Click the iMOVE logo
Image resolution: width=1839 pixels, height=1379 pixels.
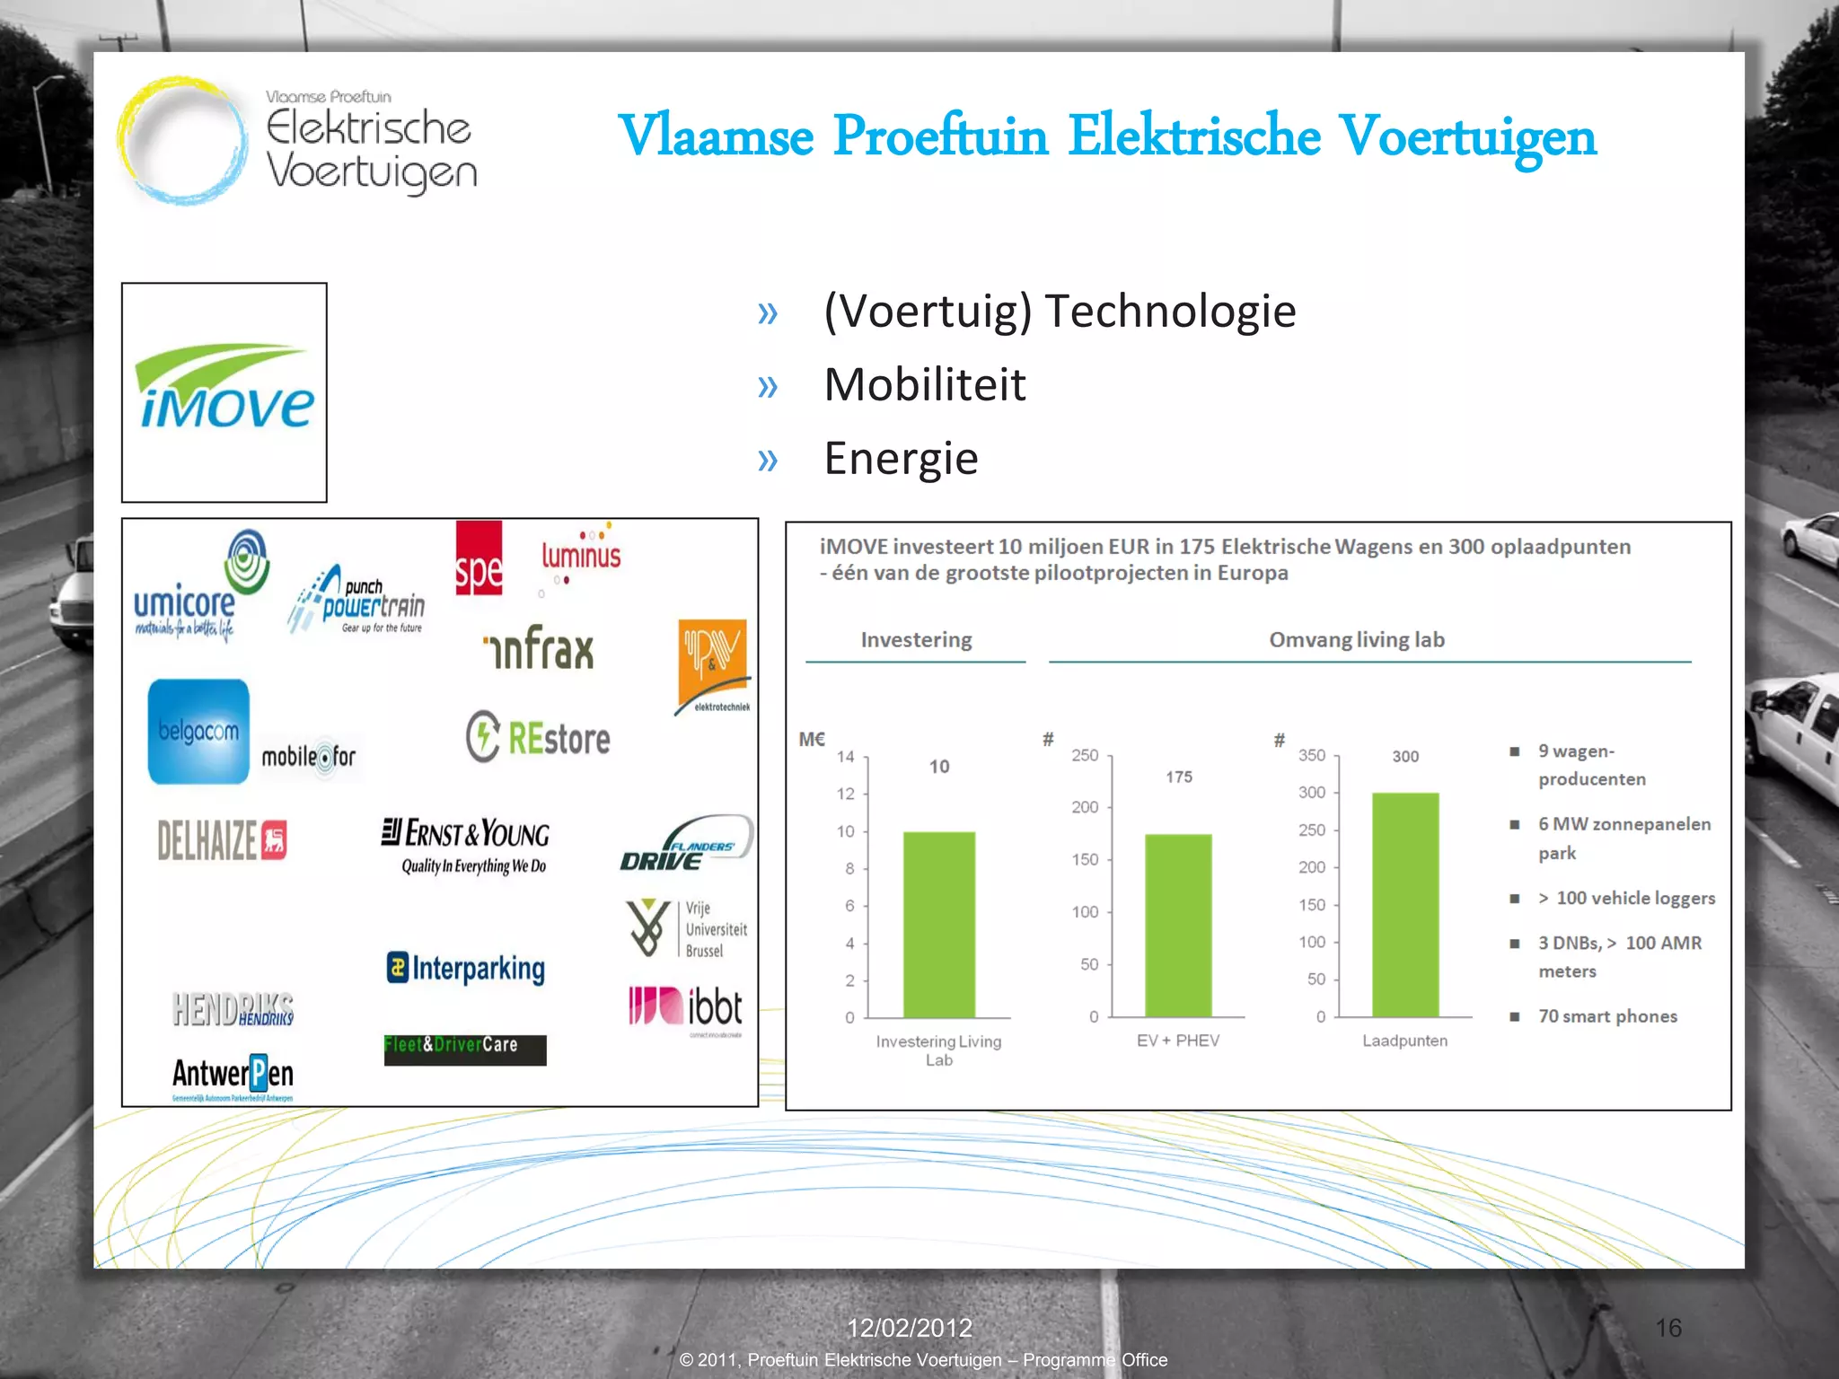[224, 388]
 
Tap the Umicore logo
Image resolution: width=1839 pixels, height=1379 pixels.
[199, 588]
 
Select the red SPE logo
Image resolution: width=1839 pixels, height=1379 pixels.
[479, 558]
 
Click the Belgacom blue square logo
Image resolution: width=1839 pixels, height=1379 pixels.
[198, 731]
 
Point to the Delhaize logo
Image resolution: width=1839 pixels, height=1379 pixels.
[222, 840]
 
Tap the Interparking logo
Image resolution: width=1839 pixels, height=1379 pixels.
[466, 968]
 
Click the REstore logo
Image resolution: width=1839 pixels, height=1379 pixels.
[538, 737]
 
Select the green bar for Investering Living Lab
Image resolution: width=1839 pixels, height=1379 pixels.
[938, 925]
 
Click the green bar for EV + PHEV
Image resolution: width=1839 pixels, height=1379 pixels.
[1178, 926]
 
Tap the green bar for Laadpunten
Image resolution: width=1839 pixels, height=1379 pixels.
[1405, 905]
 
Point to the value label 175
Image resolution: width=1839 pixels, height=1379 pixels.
[1179, 777]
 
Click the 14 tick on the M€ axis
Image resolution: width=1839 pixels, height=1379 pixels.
[846, 757]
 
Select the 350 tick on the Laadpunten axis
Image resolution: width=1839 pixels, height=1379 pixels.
[1311, 755]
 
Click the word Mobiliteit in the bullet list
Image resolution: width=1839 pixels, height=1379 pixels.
[925, 384]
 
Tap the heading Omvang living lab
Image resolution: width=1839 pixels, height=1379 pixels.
[1356, 640]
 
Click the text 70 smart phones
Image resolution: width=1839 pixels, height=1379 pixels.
[1607, 1016]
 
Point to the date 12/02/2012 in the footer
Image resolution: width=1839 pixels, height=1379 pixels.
[910, 1328]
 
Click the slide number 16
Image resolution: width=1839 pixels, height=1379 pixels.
[1668, 1328]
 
